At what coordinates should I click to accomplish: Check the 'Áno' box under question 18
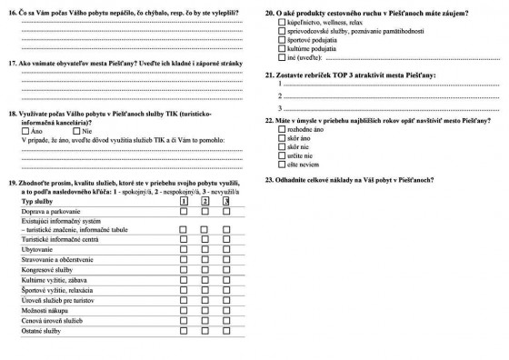25,132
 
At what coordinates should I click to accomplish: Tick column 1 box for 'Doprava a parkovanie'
184,211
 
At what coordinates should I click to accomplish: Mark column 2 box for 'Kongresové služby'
205,272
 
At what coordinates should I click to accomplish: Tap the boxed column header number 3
227,200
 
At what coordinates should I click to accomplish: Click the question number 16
13,13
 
